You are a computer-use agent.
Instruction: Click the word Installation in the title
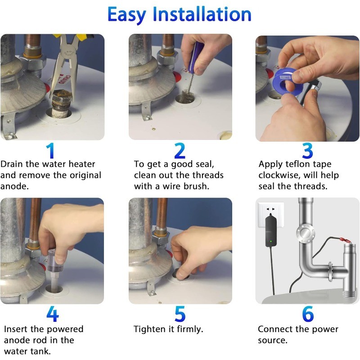202,14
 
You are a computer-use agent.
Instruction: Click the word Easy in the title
127,15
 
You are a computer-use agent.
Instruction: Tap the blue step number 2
180,151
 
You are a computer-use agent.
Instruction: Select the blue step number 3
307,151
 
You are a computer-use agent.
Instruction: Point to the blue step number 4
52,315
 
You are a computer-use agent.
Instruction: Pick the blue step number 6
308,315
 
